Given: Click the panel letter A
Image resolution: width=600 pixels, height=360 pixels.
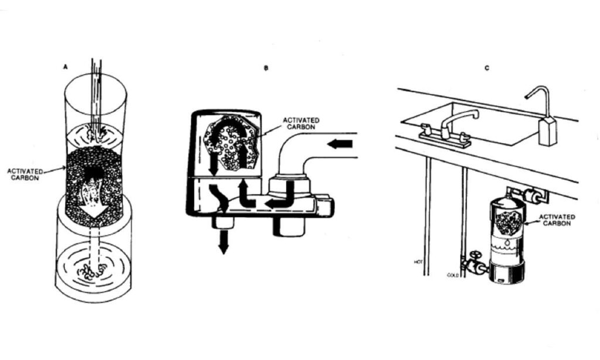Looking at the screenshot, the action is pos(66,67).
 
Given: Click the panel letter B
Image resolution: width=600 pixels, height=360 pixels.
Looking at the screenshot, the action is pos(266,68).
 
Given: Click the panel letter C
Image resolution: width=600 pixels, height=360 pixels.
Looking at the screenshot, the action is pos(487,68).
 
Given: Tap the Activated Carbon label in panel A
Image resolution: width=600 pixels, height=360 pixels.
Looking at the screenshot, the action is pos(25,175).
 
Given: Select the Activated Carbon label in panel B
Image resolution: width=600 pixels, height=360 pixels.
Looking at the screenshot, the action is pos(301,123).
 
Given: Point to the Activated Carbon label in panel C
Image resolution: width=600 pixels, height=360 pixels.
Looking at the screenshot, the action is pos(557,220).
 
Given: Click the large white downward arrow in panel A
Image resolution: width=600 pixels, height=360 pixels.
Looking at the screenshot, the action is pos(94,199).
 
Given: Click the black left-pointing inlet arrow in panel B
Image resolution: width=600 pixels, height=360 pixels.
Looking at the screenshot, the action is pos(340,144).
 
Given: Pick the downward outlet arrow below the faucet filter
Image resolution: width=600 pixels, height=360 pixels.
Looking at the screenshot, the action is pos(223,242).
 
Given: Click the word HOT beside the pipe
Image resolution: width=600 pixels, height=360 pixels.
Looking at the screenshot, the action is pos(418,262).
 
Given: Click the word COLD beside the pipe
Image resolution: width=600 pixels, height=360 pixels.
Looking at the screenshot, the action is pos(453,275).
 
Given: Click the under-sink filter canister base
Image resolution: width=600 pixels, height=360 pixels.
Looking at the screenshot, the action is pos(507,274).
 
